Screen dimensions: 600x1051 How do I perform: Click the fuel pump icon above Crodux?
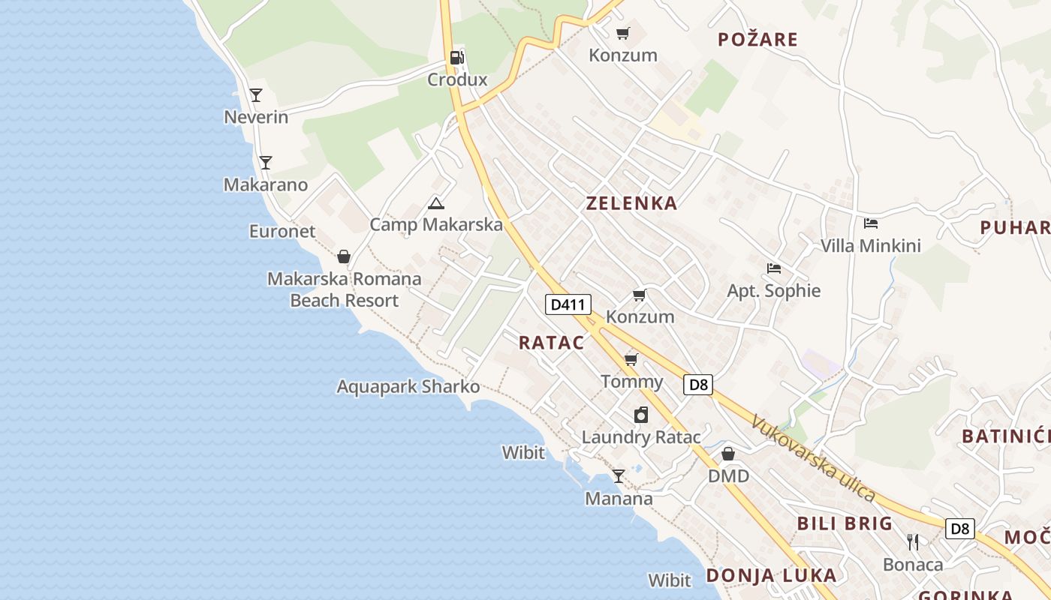pyautogui.click(x=456, y=58)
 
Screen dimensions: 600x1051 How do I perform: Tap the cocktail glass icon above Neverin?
pyautogui.click(x=256, y=95)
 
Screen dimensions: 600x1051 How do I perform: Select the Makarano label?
pyautogui.click(x=266, y=184)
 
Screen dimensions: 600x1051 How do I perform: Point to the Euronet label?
pyautogui.click(x=282, y=232)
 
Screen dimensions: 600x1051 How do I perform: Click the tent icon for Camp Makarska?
pyautogui.click(x=435, y=203)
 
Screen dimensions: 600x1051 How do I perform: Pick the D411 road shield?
pyautogui.click(x=568, y=304)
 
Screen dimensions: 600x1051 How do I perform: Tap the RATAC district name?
pyautogui.click(x=551, y=343)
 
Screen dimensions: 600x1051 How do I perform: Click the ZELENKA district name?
pyautogui.click(x=631, y=202)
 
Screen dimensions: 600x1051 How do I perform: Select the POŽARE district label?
pyautogui.click(x=757, y=40)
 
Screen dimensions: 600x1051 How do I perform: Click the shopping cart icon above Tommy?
pyautogui.click(x=631, y=360)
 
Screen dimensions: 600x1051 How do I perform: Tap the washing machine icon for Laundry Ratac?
pyautogui.click(x=641, y=415)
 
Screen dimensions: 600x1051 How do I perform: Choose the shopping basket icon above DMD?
pyautogui.click(x=728, y=454)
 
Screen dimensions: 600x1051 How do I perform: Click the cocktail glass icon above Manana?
pyautogui.click(x=618, y=476)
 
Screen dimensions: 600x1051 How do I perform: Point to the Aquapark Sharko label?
pyautogui.click(x=408, y=387)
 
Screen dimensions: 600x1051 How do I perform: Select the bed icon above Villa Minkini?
pyautogui.click(x=871, y=223)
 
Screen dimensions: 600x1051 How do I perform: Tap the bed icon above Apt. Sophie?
pyautogui.click(x=774, y=268)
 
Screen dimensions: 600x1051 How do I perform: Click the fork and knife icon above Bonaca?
pyautogui.click(x=913, y=542)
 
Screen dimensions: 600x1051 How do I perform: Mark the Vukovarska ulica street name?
pyautogui.click(x=814, y=459)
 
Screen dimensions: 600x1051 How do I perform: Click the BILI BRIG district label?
pyautogui.click(x=845, y=523)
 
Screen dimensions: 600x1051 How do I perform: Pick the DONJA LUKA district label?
pyautogui.click(x=771, y=575)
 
